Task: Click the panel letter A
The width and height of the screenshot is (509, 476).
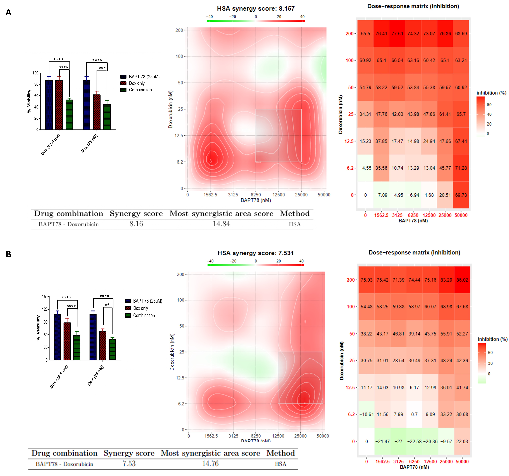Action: tap(8, 13)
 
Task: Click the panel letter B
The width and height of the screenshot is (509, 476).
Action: tap(8, 254)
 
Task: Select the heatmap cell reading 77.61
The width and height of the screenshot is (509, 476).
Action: tap(397, 34)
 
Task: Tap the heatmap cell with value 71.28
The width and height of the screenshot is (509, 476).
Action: tap(461, 168)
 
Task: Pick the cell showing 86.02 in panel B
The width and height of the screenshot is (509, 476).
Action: tap(462, 280)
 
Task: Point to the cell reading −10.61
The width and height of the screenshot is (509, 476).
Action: tap(366, 414)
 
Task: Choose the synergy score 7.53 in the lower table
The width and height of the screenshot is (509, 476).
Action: tap(129, 464)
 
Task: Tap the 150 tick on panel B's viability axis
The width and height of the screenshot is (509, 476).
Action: tap(45, 297)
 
